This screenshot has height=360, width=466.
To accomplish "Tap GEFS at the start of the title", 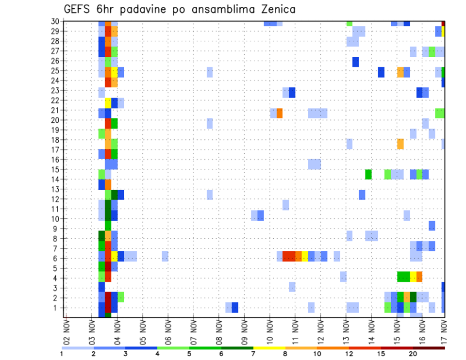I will click(x=76, y=9).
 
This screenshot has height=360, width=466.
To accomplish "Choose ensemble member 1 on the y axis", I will click(x=56, y=308).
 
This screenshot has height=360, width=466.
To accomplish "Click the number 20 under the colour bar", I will click(x=413, y=354).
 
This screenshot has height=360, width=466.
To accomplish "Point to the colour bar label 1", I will click(x=62, y=354).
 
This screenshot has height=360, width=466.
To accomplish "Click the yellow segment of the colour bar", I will click(x=269, y=348).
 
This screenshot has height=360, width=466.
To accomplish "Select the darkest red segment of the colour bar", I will click(x=429, y=348).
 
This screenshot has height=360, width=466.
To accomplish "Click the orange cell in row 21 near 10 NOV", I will click(x=280, y=113).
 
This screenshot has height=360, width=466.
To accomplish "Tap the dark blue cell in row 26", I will click(x=355, y=62).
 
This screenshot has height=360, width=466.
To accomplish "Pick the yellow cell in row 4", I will click(x=413, y=277).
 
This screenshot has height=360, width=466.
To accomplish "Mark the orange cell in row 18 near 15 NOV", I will click(x=400, y=144).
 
